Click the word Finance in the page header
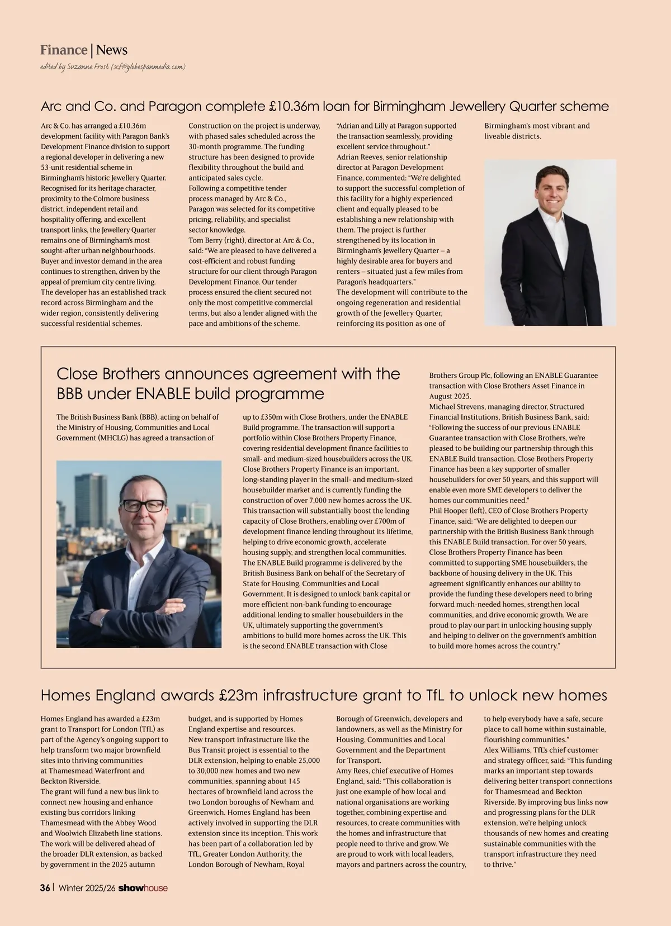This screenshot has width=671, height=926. [x=64, y=50]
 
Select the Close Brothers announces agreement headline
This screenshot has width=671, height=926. [x=228, y=383]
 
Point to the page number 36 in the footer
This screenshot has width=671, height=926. [x=45, y=888]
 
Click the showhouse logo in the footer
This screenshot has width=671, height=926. [x=143, y=888]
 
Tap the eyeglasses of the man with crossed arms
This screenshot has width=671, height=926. [x=143, y=506]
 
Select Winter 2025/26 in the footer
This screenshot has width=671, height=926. [x=87, y=888]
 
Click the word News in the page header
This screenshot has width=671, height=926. [x=112, y=50]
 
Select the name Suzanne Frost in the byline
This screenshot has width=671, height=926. [x=88, y=67]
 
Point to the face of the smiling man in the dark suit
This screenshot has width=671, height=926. [x=551, y=187]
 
